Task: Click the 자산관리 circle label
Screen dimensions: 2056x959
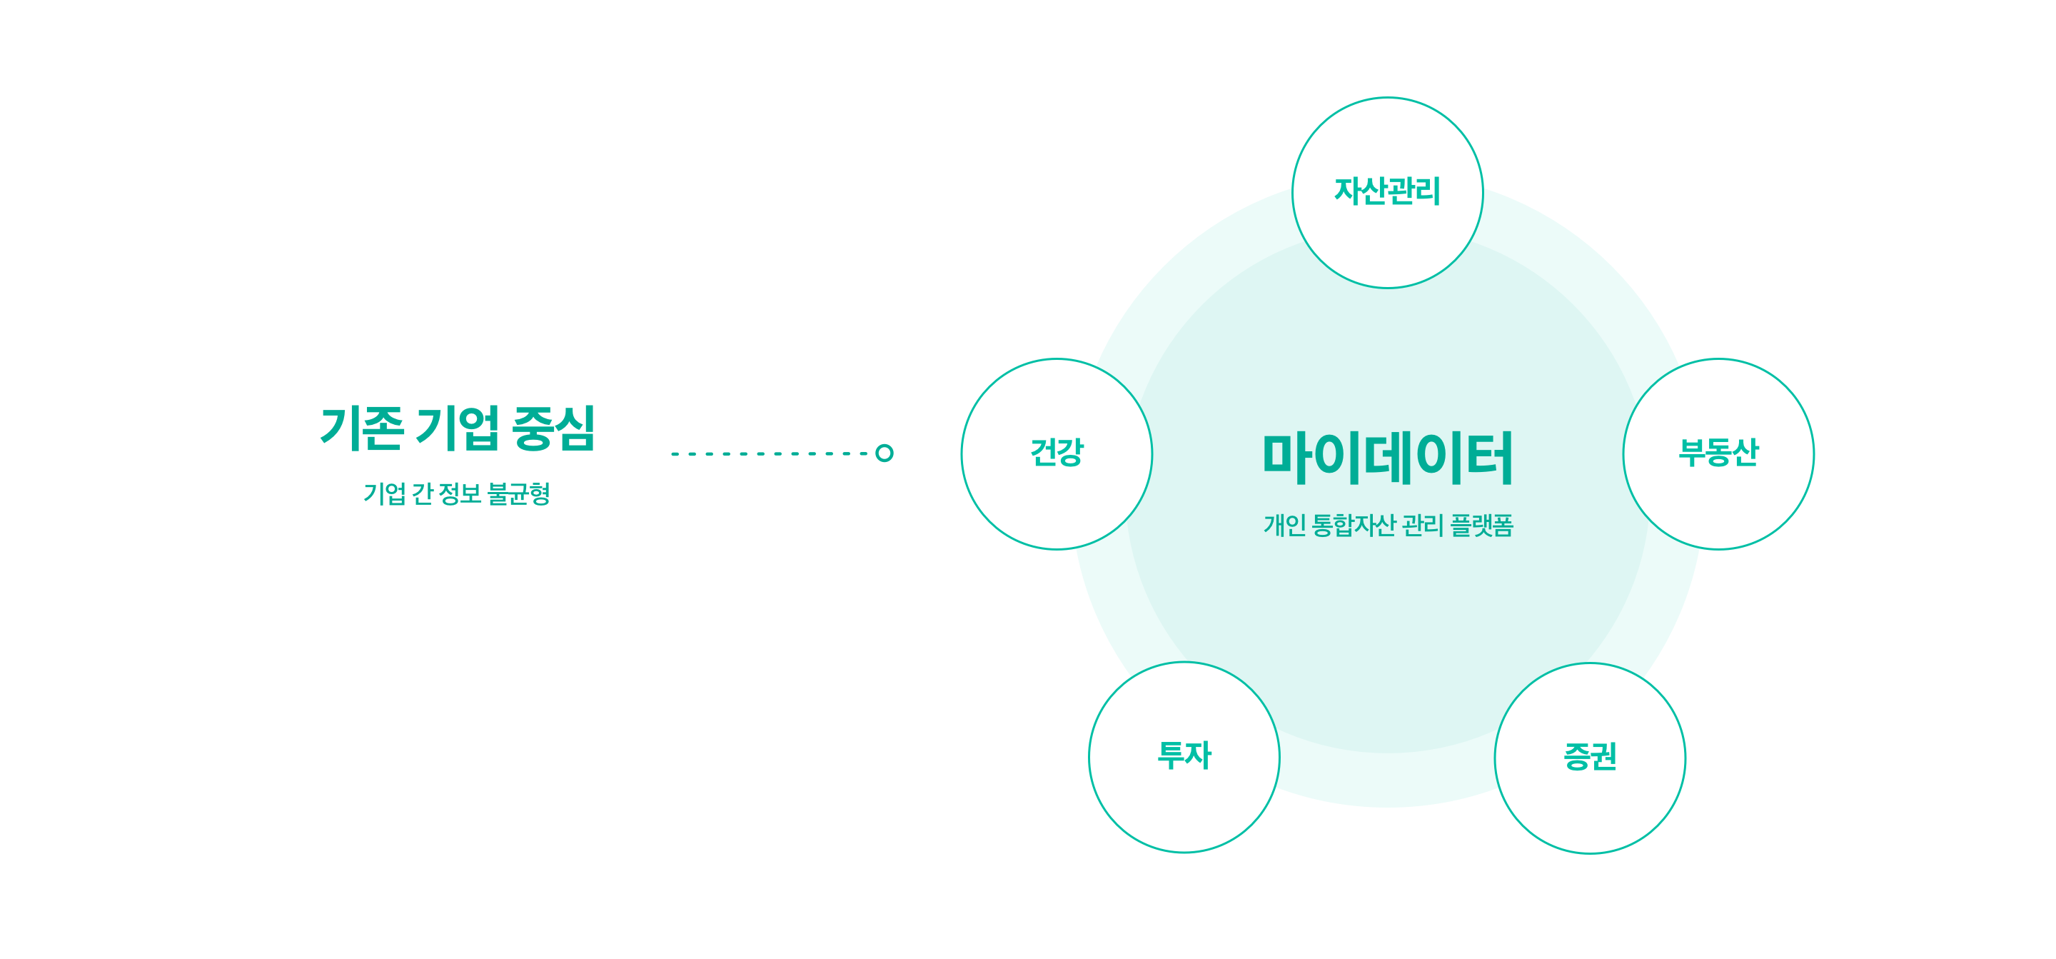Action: click(1387, 191)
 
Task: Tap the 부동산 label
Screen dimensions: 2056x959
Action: click(1718, 453)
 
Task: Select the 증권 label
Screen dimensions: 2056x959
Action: click(1590, 757)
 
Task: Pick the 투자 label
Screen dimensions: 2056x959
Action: click(1184, 755)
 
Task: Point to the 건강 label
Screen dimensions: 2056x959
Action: click(1057, 453)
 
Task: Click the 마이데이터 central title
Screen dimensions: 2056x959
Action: click(1387, 458)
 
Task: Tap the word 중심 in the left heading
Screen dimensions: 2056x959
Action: click(554, 428)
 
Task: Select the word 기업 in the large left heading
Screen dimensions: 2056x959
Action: click(458, 428)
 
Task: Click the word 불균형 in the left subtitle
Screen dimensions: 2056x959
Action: click(519, 493)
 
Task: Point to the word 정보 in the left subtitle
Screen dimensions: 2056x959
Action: click(460, 493)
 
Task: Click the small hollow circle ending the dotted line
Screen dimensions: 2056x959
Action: click(885, 453)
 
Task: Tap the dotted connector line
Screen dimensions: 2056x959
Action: click(770, 453)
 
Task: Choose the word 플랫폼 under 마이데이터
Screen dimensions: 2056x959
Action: click(1481, 526)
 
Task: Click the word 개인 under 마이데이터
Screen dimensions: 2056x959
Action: click(1285, 526)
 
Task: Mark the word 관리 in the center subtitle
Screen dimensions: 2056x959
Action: click(1423, 526)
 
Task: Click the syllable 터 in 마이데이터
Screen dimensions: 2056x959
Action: click(1489, 458)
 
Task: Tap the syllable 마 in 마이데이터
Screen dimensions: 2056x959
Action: click(1286, 458)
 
